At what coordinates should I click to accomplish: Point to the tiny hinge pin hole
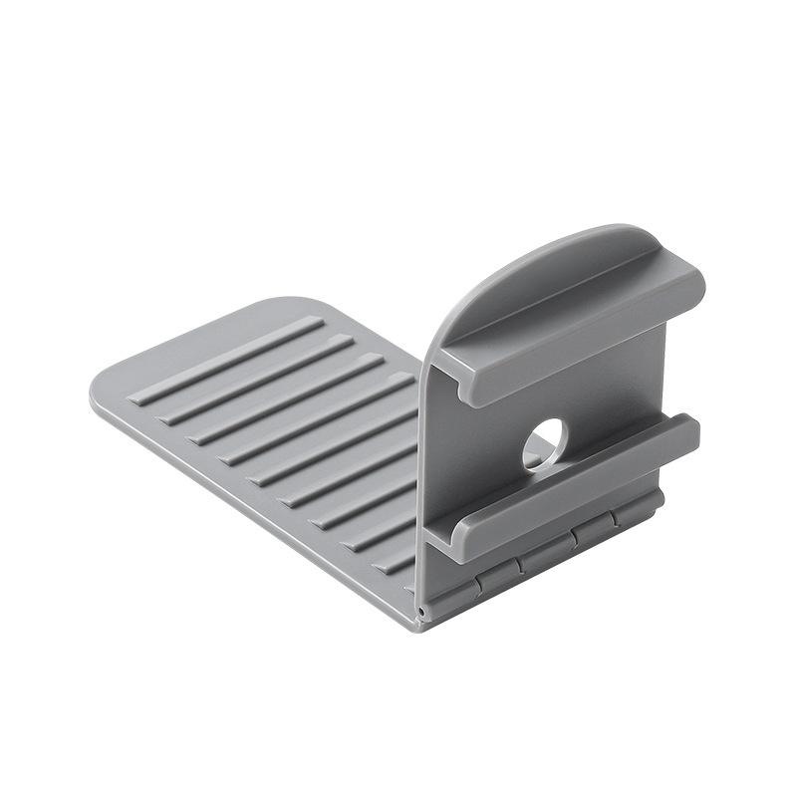coord(423,606)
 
